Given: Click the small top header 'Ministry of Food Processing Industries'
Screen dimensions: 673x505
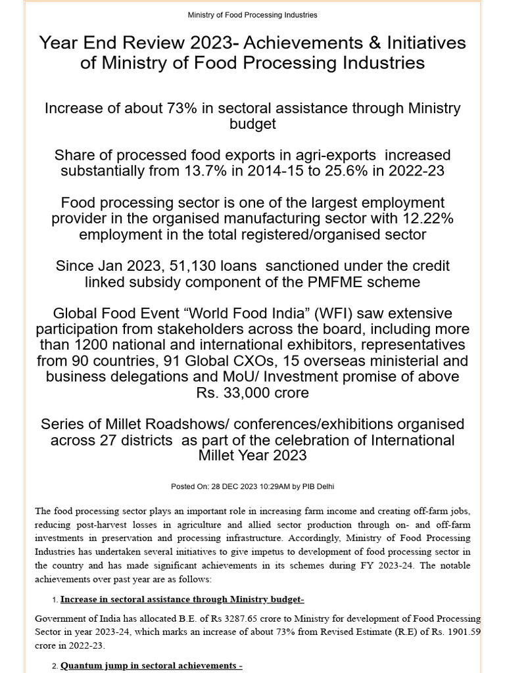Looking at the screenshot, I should point(252,14).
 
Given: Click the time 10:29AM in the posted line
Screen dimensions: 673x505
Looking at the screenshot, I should point(268,486).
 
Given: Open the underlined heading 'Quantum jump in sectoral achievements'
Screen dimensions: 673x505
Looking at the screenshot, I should point(151,666).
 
